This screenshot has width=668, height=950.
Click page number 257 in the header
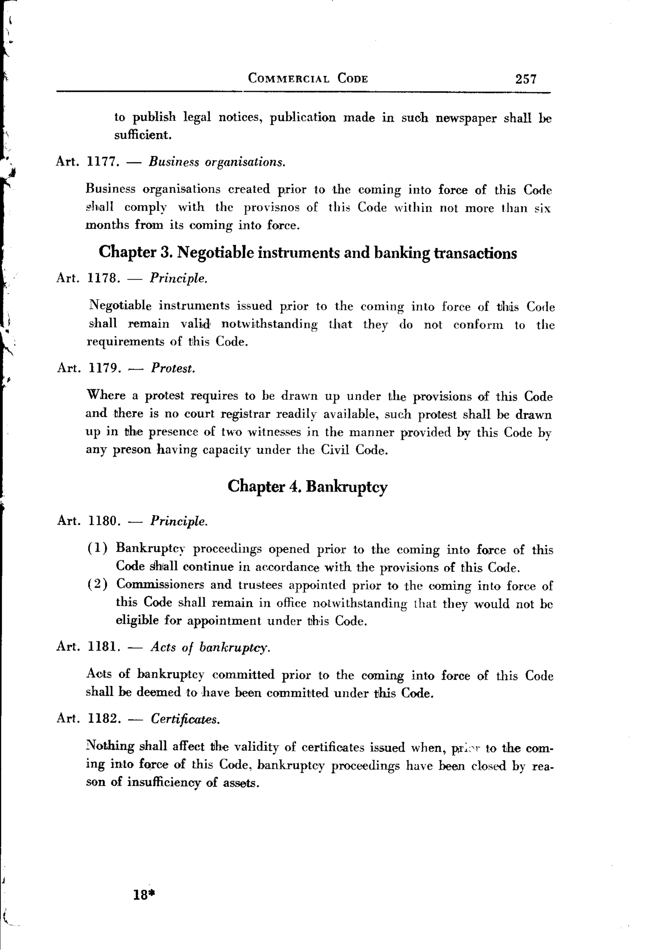pyautogui.click(x=525, y=79)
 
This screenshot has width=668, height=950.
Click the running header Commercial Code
pyautogui.click(x=308, y=78)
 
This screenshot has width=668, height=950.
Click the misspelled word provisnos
pyautogui.click(x=271, y=207)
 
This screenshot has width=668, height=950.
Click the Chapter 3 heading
pyautogui.click(x=308, y=252)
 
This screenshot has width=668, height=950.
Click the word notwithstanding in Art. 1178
pyautogui.click(x=269, y=324)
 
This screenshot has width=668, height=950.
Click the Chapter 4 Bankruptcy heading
pyautogui.click(x=308, y=487)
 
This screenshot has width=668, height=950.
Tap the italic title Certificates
pyautogui.click(x=185, y=720)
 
